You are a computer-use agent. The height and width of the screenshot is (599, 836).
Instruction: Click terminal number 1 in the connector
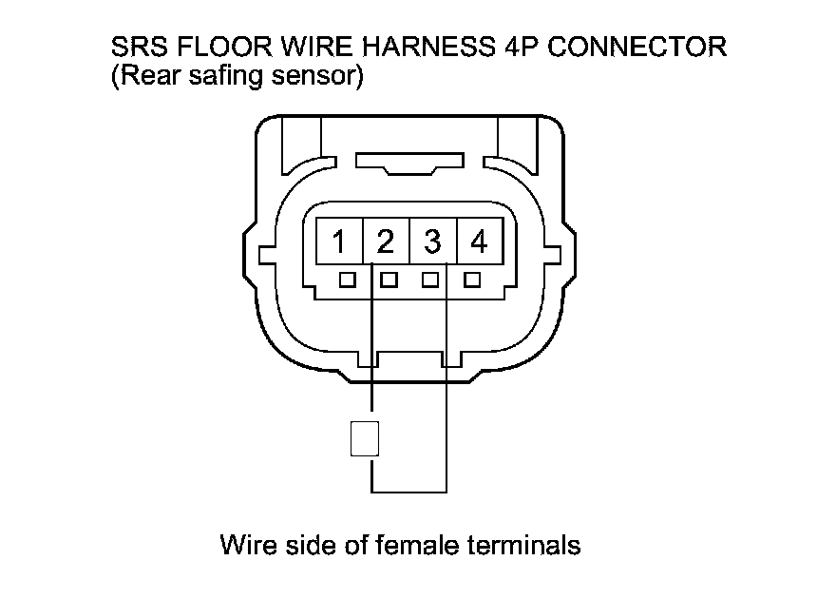(x=338, y=243)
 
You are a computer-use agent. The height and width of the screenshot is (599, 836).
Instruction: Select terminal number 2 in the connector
(x=385, y=243)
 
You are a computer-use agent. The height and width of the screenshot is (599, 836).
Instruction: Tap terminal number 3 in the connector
(x=432, y=243)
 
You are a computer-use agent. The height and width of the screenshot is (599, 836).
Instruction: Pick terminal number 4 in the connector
(x=479, y=243)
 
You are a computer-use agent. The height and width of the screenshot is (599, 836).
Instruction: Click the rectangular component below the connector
(x=365, y=438)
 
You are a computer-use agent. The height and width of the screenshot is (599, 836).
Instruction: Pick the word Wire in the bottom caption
(x=244, y=546)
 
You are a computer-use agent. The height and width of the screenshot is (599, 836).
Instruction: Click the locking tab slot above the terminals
(x=408, y=164)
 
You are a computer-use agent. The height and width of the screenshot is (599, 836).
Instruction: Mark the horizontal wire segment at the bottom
(x=408, y=492)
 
